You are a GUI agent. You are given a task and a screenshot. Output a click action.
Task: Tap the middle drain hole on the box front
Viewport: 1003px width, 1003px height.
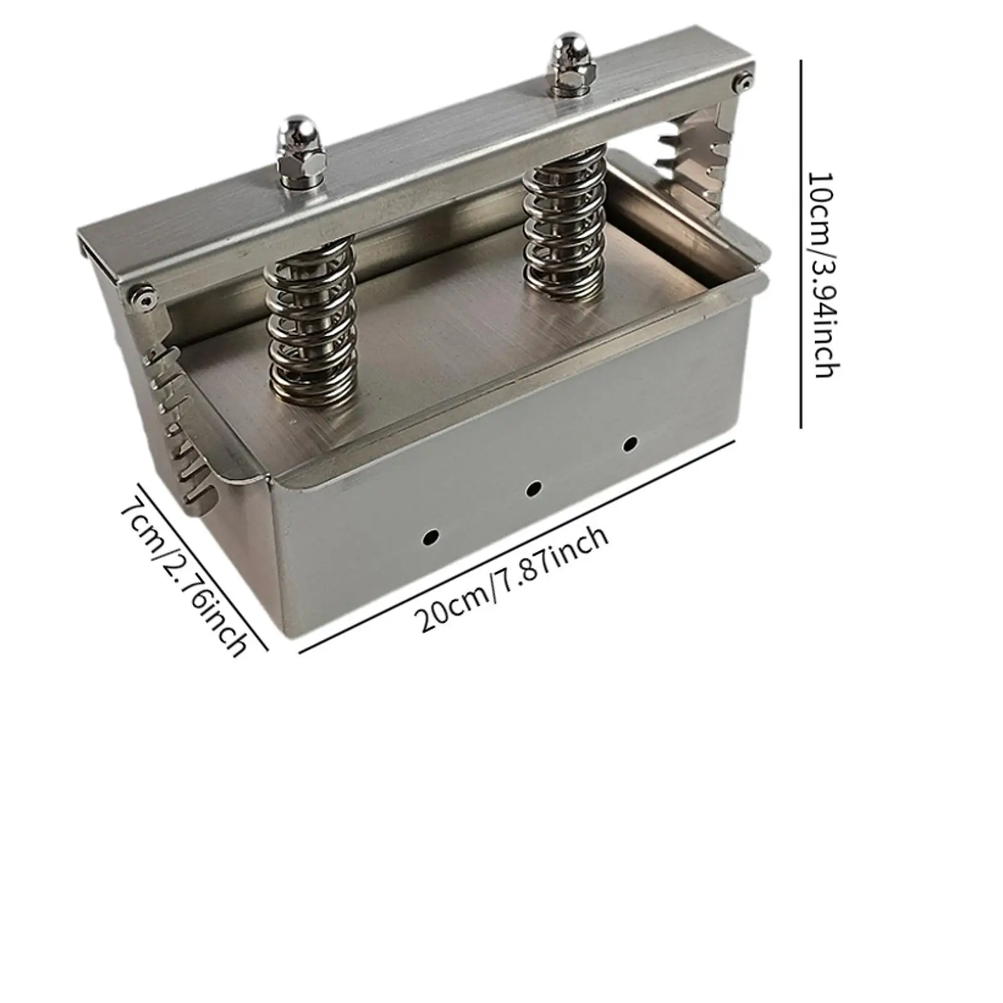tap(533, 488)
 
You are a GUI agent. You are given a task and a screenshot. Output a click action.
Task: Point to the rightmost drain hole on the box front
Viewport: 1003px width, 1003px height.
tap(630, 444)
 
